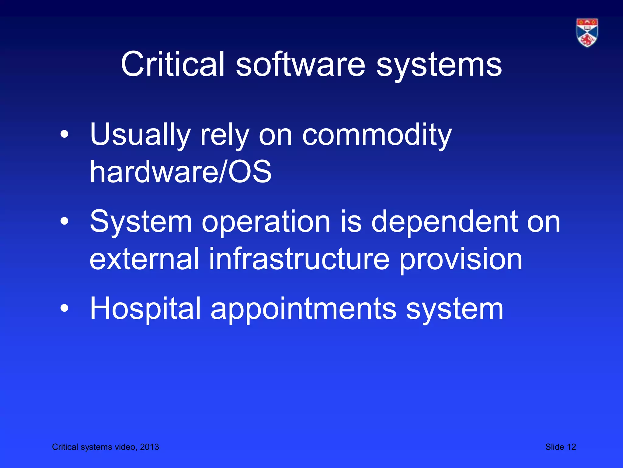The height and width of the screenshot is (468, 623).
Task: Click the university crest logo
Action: (587, 33)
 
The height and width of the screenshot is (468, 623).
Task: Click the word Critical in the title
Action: (172, 64)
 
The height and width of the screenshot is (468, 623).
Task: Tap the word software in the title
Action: (301, 64)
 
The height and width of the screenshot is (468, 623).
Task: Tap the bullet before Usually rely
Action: (64, 134)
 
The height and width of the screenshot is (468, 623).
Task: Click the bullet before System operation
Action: (64, 222)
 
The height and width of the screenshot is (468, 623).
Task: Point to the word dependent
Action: (444, 222)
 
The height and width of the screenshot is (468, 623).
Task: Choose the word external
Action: (144, 259)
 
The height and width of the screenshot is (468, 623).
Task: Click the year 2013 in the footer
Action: (149, 447)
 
